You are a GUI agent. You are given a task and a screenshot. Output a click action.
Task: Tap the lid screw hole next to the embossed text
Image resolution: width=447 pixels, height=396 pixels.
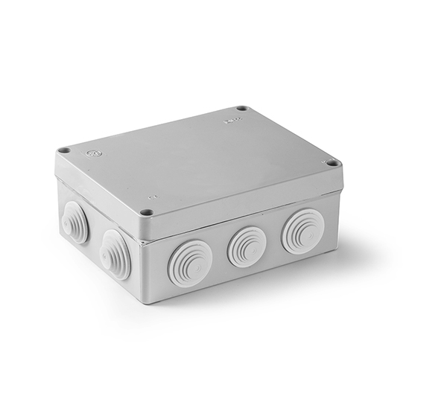pos(241,109)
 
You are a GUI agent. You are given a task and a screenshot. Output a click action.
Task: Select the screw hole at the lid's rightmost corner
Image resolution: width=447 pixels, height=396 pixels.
pos(332,163)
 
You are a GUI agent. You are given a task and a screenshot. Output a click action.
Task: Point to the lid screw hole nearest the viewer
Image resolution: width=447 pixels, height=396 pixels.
pos(147,212)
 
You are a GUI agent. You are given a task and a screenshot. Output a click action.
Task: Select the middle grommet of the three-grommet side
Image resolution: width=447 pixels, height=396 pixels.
pos(246,246)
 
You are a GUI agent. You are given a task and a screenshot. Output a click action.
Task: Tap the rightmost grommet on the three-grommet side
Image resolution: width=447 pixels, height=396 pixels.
pos(302,230)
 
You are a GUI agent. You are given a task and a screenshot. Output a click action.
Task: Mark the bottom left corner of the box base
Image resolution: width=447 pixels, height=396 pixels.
pos(60,237)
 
